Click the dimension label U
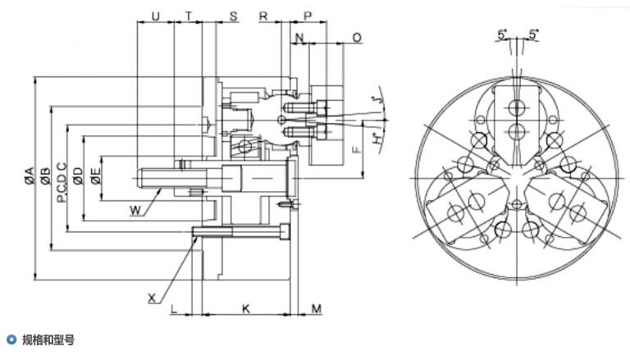coord(155,16)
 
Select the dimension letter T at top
coord(189,16)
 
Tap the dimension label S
coord(234,16)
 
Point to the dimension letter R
coord(263,16)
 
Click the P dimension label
coord(308,16)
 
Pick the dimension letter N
coord(299,38)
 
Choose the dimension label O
coord(357,38)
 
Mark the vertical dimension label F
coord(356,149)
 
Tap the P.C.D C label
coord(62,182)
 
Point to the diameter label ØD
coord(78,175)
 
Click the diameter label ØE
coord(96,175)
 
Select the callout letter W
coord(136,210)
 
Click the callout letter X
coord(152,298)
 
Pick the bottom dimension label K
coord(246,308)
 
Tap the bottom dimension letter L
coord(174,308)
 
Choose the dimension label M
coord(317,308)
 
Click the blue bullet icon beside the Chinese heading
coord(11,339)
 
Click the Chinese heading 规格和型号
coord(48,340)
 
